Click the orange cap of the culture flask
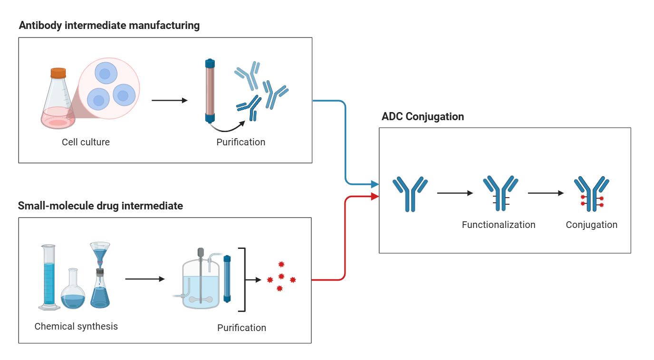(58, 73)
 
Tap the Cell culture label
(86, 142)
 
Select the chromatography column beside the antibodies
(210, 91)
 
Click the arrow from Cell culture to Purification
(169, 100)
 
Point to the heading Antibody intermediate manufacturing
(109, 26)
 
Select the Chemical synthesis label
(76, 327)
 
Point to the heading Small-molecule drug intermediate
(100, 206)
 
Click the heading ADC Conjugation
(423, 116)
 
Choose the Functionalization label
(498, 225)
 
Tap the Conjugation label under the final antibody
(591, 225)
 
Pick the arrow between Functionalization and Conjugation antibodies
(546, 193)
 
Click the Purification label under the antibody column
(241, 142)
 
